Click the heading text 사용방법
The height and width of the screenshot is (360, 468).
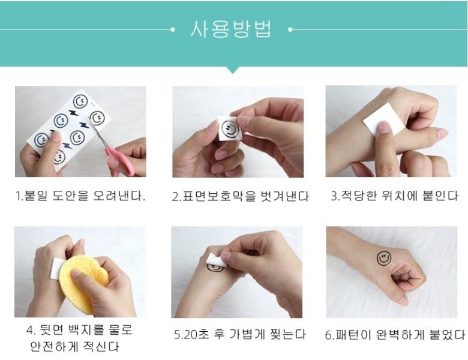[231, 29]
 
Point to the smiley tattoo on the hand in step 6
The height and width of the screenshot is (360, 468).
[383, 259]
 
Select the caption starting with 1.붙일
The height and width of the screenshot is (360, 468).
[80, 196]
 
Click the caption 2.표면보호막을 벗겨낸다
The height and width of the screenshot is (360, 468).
[240, 196]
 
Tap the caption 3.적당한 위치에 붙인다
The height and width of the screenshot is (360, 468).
[394, 196]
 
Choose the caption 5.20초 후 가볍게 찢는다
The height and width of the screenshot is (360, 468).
[240, 334]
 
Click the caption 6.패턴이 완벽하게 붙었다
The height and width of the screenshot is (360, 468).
[395, 335]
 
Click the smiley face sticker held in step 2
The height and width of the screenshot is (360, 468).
[229, 128]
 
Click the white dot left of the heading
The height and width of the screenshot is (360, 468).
[173, 29]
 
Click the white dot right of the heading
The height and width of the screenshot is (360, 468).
[290, 29]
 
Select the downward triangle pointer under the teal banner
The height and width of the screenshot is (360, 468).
[233, 70]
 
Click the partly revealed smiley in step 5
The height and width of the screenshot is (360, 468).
[215, 268]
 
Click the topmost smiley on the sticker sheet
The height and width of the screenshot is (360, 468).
[80, 101]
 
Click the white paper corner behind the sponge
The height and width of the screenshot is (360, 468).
[58, 265]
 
